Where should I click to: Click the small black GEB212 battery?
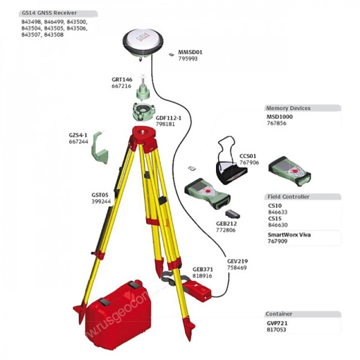pos(232,213)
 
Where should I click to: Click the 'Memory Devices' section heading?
pos(288,109)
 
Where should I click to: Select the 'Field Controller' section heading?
pos(287,197)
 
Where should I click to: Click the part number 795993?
pos(188,59)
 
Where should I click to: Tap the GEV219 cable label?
pos(236,261)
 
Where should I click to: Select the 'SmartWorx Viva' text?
pos(289,235)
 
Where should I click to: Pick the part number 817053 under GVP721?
pos(277,329)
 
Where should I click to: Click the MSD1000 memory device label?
pos(280,117)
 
